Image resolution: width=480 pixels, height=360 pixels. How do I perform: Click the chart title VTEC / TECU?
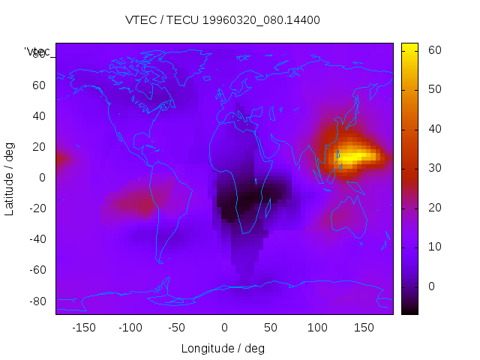pos(222,20)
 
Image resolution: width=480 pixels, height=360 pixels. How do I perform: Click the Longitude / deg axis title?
pos(223,349)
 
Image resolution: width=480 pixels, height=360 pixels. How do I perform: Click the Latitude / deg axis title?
pos(10,178)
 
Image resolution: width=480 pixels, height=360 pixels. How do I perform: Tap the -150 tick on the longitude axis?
pos(84,328)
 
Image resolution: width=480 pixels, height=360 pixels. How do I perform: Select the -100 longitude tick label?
pos(130,328)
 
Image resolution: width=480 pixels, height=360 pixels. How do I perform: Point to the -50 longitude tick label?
pos(177,328)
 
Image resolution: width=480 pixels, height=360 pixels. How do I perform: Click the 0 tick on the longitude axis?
pos(224,328)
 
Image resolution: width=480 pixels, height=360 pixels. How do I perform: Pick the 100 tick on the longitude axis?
pos(317,328)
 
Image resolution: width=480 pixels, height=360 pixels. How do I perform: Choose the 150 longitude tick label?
pos(364,328)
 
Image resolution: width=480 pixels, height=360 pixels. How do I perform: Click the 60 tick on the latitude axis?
pos(39,85)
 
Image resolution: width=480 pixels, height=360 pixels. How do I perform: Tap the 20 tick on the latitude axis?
pos(39,147)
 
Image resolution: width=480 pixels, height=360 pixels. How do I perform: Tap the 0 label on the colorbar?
pos(431,286)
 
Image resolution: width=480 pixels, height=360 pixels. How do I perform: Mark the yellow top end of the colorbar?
pos(409,46)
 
